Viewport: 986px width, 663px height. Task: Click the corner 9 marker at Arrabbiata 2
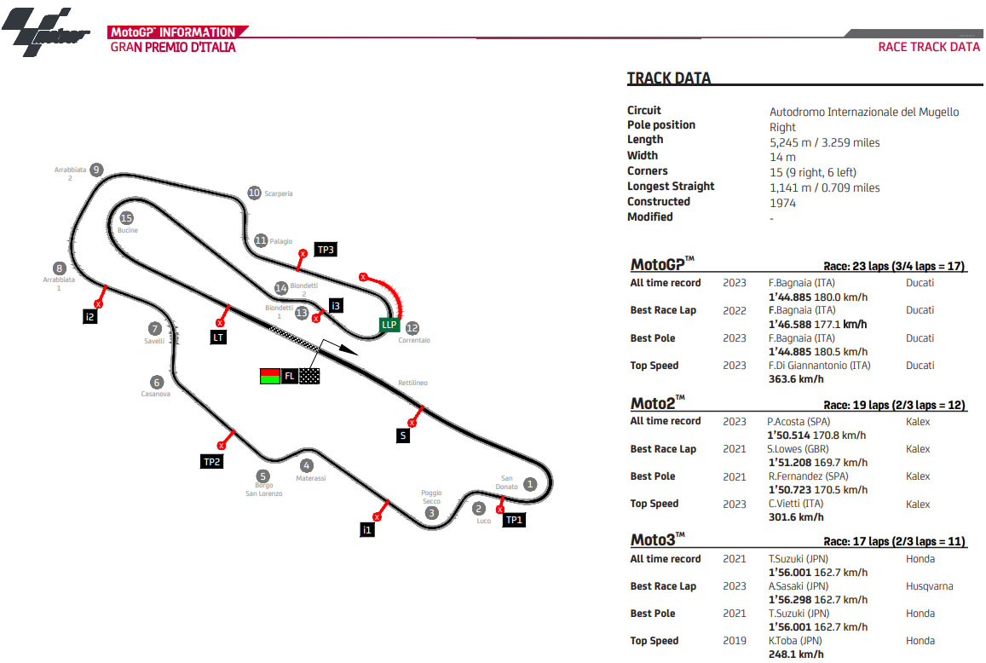coord(96,170)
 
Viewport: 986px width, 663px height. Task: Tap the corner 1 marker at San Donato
coord(529,484)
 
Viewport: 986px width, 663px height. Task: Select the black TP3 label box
coord(326,250)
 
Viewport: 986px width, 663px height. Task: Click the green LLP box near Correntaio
coord(389,325)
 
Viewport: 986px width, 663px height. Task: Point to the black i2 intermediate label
coord(90,317)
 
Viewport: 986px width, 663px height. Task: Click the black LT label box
coord(218,337)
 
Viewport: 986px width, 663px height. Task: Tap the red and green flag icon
coord(269,376)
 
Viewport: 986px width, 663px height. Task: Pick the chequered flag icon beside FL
coord(310,376)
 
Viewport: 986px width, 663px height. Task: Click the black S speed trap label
coord(403,435)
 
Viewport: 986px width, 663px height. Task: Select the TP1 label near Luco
coord(514,520)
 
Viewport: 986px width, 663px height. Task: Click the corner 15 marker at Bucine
coord(126,218)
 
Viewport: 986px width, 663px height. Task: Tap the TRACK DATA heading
coord(668,78)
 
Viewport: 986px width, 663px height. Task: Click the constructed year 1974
coord(782,203)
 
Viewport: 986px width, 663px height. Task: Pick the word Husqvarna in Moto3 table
coord(929,586)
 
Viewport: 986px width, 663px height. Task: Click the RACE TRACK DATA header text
coord(929,47)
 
